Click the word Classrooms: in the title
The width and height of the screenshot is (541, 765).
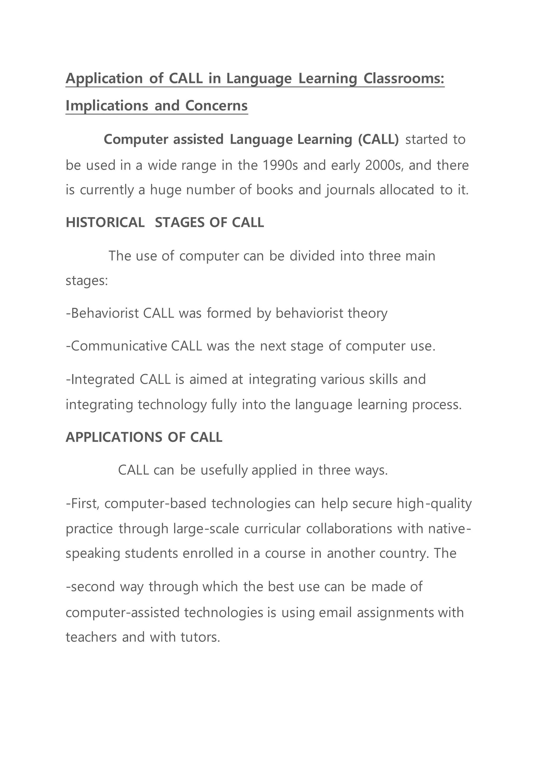[x=404, y=79]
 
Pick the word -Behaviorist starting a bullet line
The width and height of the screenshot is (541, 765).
[x=102, y=313]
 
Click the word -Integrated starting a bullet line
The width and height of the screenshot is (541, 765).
[x=100, y=379]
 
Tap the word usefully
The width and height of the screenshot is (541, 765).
[x=224, y=470]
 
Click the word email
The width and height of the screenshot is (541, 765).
[x=335, y=612]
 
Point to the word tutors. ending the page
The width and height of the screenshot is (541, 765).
[x=200, y=637]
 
